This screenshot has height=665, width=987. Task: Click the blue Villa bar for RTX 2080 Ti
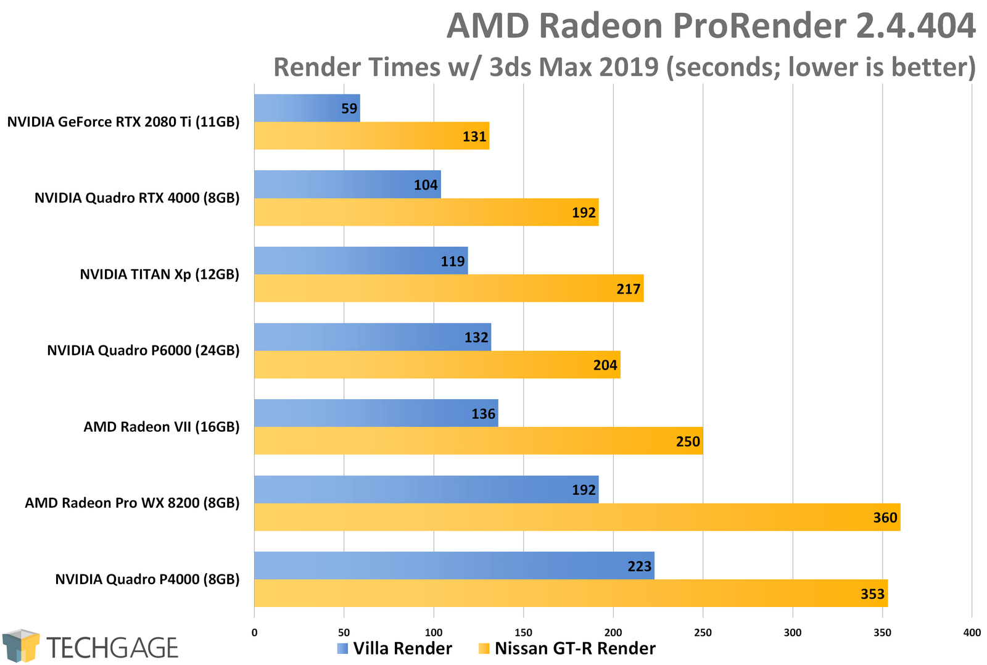[307, 108]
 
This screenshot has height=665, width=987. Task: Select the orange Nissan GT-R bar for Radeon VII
[478, 440]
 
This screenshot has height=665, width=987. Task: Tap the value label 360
[885, 518]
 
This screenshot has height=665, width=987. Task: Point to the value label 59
[349, 109]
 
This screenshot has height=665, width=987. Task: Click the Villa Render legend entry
[395, 648]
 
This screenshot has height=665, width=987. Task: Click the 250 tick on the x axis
[703, 632]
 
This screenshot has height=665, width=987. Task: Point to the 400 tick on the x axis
[972, 632]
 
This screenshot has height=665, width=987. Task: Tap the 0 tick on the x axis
[254, 632]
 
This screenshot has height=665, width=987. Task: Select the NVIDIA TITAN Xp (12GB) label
[159, 274]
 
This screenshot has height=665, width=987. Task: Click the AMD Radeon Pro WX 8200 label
[132, 503]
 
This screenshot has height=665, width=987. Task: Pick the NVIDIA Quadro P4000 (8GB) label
[147, 579]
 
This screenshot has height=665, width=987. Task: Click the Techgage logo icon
[21, 646]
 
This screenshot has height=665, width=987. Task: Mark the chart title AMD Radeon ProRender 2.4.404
[711, 26]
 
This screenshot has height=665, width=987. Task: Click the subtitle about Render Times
[624, 67]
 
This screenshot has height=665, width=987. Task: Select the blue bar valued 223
[453, 565]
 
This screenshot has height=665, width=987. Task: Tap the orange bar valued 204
[437, 365]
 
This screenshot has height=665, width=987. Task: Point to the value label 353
[872, 594]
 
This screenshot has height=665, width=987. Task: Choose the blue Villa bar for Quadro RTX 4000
[347, 184]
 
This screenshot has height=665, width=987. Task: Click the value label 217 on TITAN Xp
[628, 289]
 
